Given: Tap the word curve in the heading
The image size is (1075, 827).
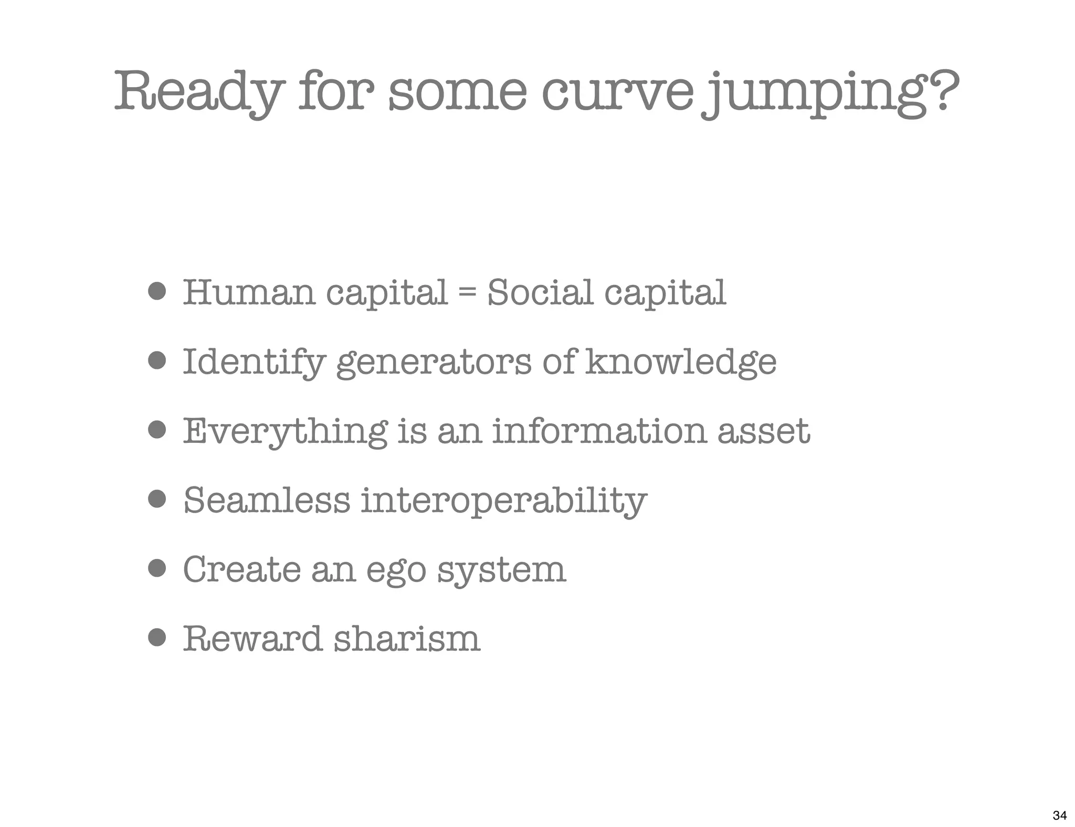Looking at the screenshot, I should (617, 92).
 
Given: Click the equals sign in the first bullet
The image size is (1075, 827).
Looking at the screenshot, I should (467, 293).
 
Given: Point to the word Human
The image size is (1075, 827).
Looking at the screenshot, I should (249, 292).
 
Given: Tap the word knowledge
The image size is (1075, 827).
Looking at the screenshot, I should (680, 362).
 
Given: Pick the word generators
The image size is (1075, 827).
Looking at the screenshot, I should (434, 362).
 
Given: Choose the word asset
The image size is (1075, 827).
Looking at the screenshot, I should (763, 431).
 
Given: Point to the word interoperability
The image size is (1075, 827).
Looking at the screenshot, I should (503, 501).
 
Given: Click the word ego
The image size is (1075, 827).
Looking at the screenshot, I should (396, 571).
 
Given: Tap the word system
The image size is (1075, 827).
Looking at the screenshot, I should (501, 571).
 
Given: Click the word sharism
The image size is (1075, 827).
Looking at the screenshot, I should (407, 639).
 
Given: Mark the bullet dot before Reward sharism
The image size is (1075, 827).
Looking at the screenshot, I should (157, 638).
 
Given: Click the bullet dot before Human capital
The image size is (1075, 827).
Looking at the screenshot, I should (157, 291).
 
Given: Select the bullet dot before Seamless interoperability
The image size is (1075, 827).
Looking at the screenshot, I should (157, 499).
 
